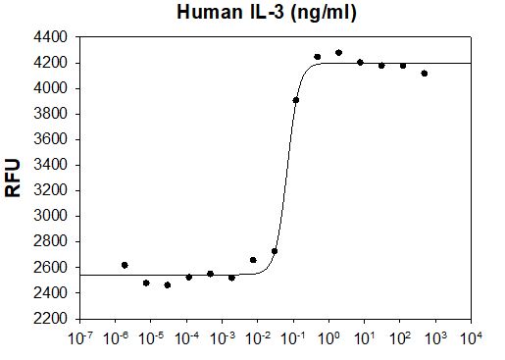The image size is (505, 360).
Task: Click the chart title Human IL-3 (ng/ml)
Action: [x=266, y=13]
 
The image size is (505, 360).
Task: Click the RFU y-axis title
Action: [x=14, y=178]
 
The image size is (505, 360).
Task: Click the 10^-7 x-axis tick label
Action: [x=80, y=340]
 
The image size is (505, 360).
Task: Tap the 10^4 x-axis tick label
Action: [x=472, y=340]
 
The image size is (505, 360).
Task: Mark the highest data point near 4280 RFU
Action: [x=338, y=53]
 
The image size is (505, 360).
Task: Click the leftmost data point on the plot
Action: [x=125, y=265]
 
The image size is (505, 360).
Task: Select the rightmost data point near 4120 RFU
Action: [x=424, y=74]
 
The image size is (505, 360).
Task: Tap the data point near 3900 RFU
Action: [x=296, y=100]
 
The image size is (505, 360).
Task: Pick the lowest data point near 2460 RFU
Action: [x=168, y=285]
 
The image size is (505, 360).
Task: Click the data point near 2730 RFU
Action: [x=275, y=251]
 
